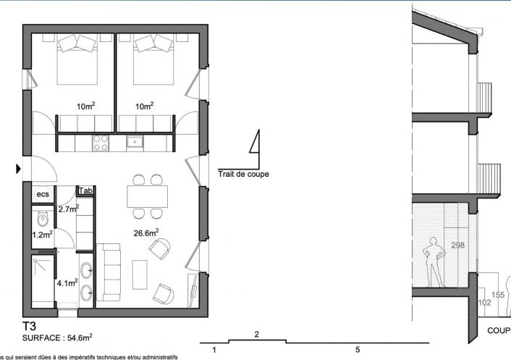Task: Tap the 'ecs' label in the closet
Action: pos(43,194)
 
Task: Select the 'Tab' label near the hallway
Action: pos(85,191)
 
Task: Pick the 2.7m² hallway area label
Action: pos(68,209)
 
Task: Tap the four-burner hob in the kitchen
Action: pos(101,143)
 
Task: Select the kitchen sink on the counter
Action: pos(135,142)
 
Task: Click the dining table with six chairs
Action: pos(147,196)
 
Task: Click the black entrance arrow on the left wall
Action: pos(19,169)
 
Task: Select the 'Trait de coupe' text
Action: pos(243,174)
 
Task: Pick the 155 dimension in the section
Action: pos(498,295)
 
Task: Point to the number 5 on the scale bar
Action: pos(357,350)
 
